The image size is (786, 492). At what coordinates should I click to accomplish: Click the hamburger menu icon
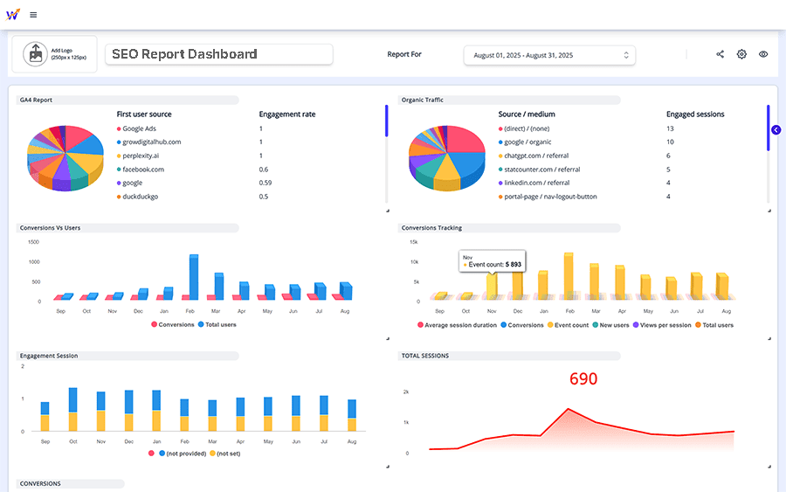[x=33, y=15]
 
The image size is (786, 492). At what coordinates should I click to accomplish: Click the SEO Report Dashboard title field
[x=218, y=54]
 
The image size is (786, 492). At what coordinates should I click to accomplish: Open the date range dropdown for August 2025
[x=549, y=55]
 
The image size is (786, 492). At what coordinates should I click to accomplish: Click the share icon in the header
[x=720, y=54]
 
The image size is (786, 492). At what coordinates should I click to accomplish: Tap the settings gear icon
[x=741, y=54]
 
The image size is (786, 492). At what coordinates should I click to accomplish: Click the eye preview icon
[x=763, y=54]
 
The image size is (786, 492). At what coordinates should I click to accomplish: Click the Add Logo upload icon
[x=36, y=53]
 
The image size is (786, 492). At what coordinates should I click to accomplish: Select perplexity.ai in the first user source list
[x=140, y=156]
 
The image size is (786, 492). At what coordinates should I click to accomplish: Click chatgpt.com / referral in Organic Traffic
[x=534, y=156]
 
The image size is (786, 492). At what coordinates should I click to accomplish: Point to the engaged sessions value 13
[x=670, y=128]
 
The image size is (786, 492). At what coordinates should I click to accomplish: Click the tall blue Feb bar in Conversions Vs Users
[x=193, y=276]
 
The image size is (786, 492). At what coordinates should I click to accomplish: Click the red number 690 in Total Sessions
[x=583, y=379]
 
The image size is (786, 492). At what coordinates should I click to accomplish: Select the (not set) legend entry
[x=228, y=454]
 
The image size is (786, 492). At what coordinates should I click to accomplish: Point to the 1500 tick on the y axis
[x=33, y=241]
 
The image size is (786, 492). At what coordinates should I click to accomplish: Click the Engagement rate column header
[x=287, y=114]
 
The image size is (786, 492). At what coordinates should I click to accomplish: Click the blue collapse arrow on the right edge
[x=776, y=130]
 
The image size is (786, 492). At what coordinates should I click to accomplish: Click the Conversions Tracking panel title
[x=431, y=228]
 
